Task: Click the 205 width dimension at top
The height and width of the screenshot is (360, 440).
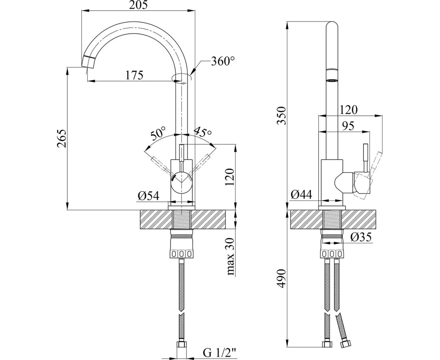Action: point(138,5)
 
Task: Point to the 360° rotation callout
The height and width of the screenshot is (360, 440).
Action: point(223,62)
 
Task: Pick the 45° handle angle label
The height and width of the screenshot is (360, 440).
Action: point(203,132)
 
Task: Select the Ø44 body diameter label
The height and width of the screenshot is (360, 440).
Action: point(302,195)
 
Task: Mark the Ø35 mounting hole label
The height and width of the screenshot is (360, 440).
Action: point(361,238)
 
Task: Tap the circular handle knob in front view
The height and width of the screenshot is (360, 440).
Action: point(181,182)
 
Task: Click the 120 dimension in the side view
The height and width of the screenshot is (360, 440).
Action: point(349,110)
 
